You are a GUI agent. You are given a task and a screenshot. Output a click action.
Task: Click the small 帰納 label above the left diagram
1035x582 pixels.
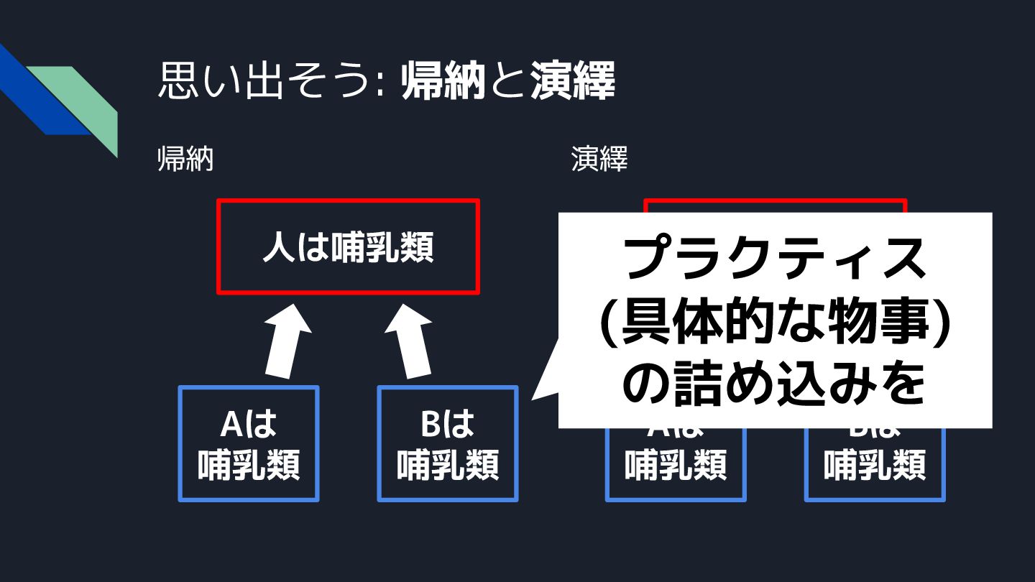coord(185,160)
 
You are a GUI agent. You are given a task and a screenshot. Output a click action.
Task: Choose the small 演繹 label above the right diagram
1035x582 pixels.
coord(599,160)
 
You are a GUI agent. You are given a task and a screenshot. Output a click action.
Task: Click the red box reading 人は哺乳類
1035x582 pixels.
coord(348,247)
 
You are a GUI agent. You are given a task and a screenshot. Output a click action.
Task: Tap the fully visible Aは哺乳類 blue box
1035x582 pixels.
coord(249,443)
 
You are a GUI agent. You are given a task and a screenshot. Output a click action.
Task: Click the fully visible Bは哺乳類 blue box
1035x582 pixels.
coord(448,443)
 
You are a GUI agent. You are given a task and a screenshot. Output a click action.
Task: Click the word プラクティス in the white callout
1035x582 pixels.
coord(775,259)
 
